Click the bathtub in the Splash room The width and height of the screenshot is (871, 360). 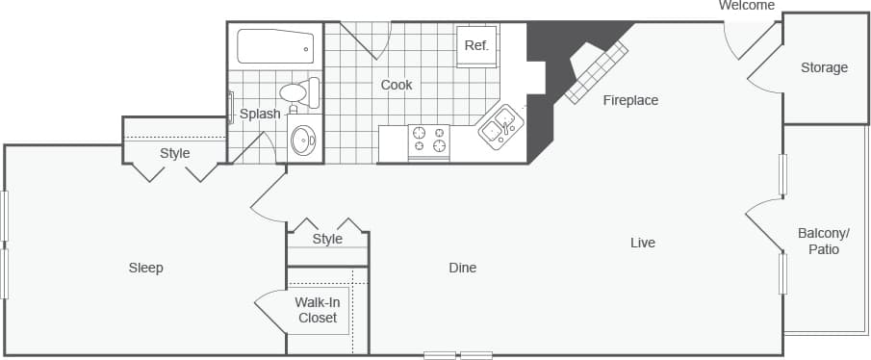275,46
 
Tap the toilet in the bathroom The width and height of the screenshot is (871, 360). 296,94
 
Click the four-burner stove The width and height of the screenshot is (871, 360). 429,141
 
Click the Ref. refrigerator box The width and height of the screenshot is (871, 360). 476,46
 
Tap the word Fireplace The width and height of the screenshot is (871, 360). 630,100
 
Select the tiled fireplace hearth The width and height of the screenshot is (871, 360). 596,71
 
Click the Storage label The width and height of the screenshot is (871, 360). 824,67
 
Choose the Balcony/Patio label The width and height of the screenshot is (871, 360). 824,241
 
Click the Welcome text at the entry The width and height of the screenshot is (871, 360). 747,6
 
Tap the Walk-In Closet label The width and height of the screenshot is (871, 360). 318,309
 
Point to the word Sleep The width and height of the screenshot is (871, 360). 146,268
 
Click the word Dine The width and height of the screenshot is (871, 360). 462,268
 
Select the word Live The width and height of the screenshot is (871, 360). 642,243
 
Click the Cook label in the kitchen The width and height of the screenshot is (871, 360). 397,85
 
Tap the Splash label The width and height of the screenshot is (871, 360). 260,114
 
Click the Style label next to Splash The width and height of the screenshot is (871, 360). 175,153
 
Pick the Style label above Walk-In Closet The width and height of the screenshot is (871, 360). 327,239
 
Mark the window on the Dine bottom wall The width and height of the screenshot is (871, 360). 458,355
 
